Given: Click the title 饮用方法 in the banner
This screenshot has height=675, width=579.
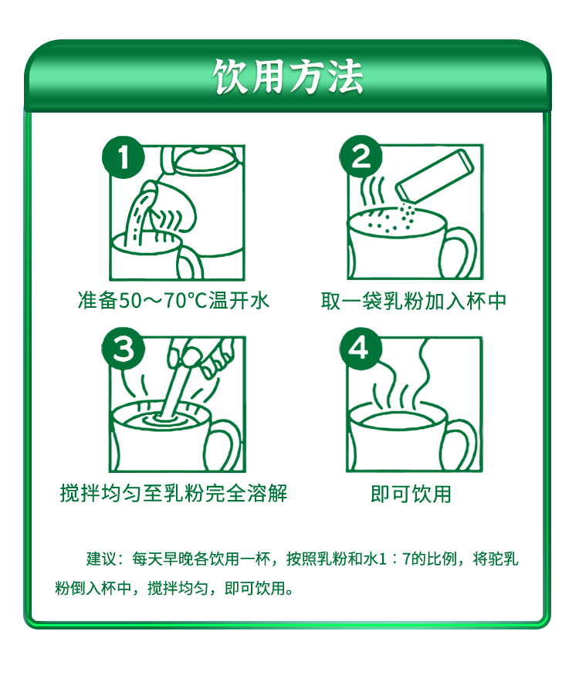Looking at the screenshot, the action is [x=288, y=76].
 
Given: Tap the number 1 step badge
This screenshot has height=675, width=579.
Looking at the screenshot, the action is [x=124, y=157].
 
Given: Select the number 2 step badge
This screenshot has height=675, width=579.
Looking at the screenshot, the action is [x=361, y=157].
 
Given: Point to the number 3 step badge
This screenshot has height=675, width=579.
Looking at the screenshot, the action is [x=124, y=349].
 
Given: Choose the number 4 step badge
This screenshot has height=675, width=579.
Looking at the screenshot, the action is [x=361, y=349].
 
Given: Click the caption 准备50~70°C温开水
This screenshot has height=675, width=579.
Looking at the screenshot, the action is [x=173, y=300].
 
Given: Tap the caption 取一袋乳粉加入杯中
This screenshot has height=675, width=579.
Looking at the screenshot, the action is [x=414, y=301].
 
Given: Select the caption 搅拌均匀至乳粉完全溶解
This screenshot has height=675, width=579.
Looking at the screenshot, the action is [x=174, y=493].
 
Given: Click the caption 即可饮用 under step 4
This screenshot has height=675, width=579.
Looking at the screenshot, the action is [x=411, y=494].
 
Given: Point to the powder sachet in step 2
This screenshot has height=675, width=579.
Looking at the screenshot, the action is [x=435, y=176].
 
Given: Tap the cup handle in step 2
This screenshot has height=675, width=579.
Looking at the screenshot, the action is [x=459, y=251].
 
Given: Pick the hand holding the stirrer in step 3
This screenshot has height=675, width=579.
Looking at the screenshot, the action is [x=203, y=354].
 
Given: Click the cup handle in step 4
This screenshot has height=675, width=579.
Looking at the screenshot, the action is [x=459, y=444].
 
